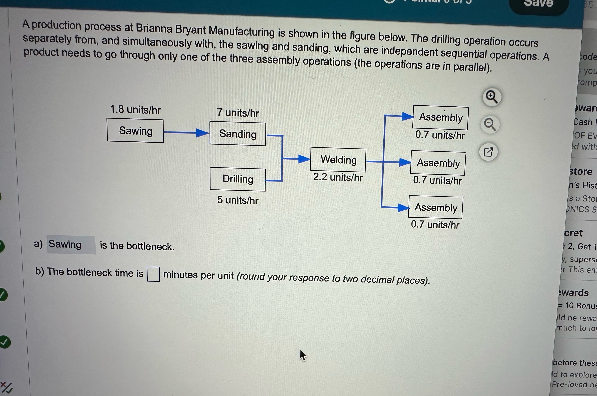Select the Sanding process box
(x=238, y=134)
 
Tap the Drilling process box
(x=238, y=179)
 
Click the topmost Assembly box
(x=441, y=118)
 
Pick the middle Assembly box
(x=438, y=163)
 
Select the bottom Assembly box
(x=436, y=208)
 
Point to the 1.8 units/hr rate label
(x=135, y=110)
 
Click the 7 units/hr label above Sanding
(x=238, y=113)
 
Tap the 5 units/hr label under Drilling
(x=238, y=200)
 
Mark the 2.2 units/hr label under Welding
(x=338, y=177)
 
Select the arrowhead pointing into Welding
(x=304, y=159)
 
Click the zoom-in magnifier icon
(x=491, y=97)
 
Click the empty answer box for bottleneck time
(x=153, y=274)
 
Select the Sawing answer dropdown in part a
(x=71, y=245)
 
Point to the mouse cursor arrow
(x=302, y=355)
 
